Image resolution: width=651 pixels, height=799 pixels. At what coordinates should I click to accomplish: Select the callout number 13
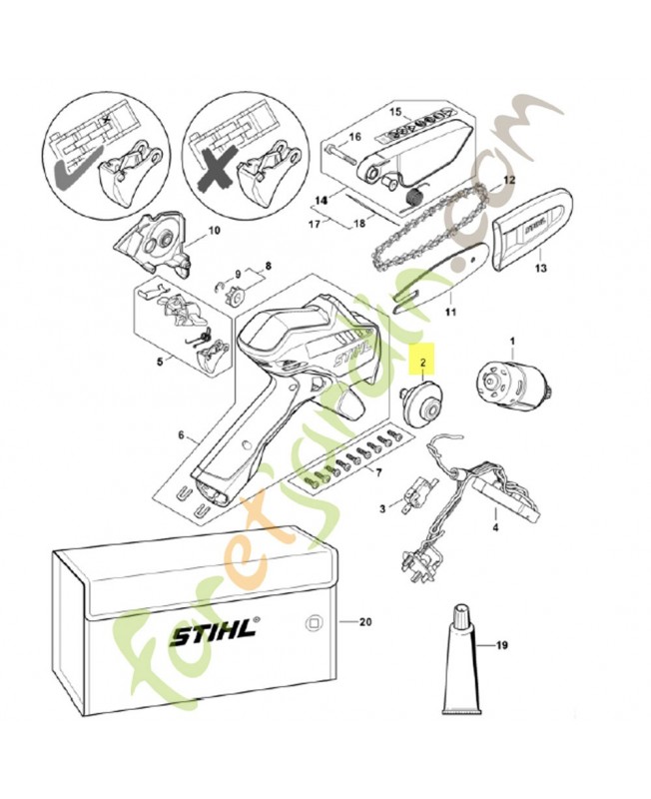tap(540, 268)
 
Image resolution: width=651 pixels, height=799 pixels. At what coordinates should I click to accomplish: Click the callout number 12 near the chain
tap(508, 180)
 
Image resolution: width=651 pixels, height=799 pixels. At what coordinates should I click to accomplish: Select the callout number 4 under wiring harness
tap(496, 523)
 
